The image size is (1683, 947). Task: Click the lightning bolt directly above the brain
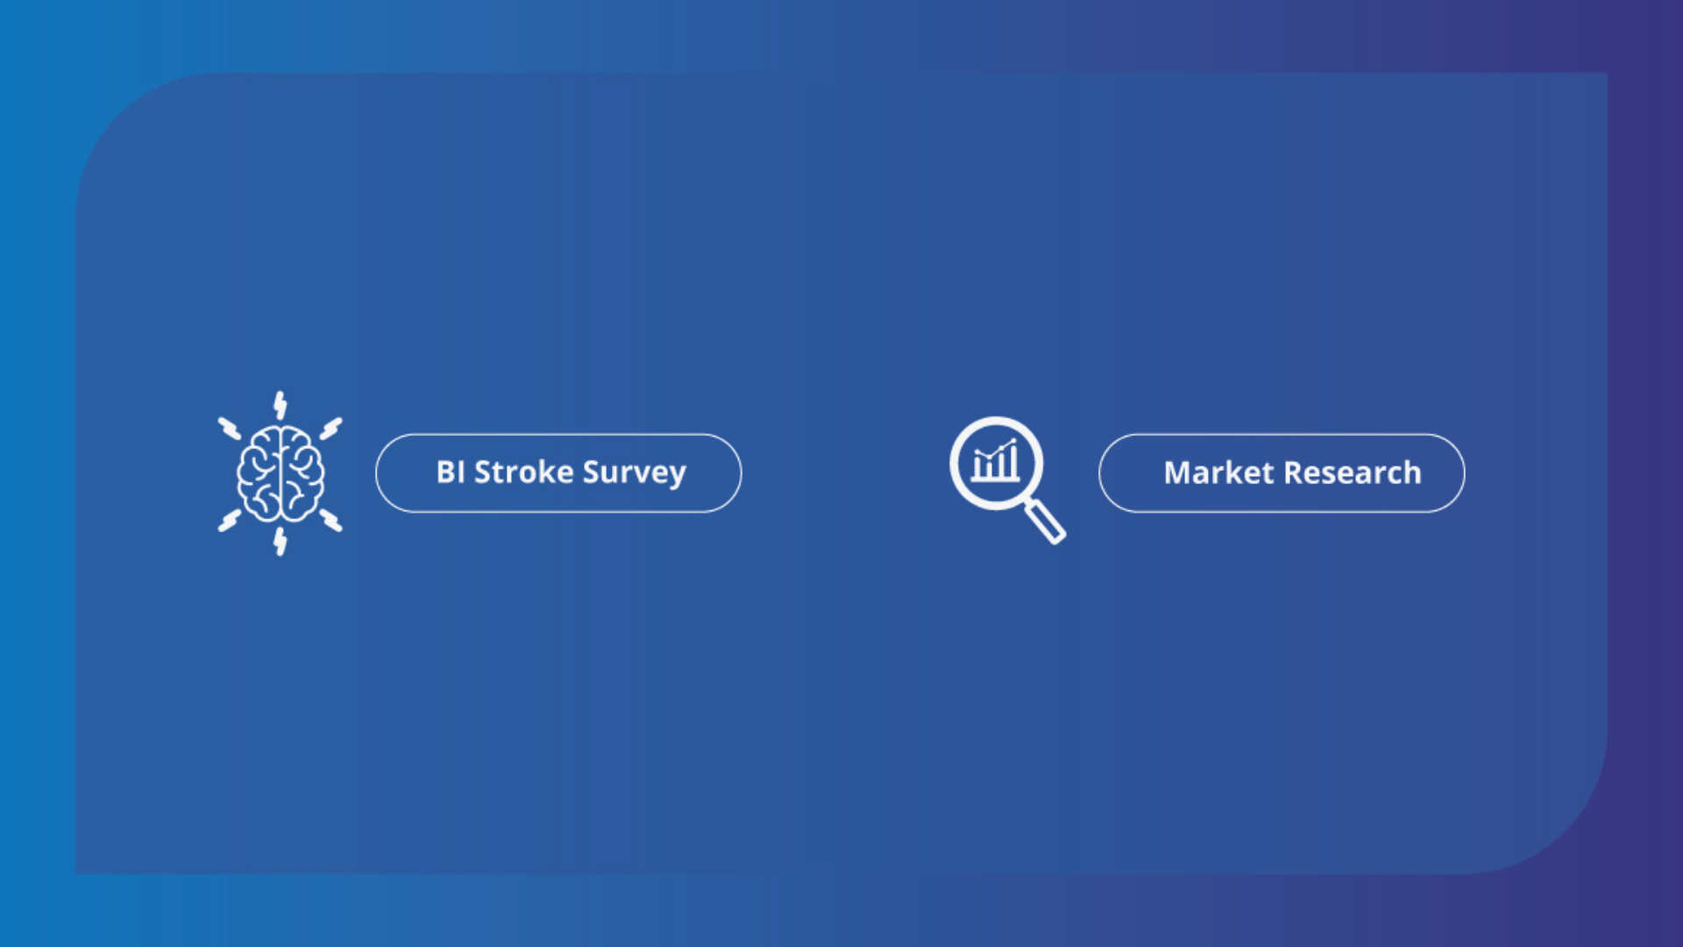click(x=280, y=405)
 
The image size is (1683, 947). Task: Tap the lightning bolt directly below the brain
click(x=280, y=541)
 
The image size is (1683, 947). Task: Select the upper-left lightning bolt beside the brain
click(x=230, y=428)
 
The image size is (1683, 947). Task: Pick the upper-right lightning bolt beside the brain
click(x=330, y=428)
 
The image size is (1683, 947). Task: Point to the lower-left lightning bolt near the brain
click(x=230, y=520)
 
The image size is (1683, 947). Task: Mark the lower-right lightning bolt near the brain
click(x=330, y=520)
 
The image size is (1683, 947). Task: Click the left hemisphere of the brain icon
click(x=259, y=473)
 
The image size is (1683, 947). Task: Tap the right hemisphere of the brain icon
click(x=302, y=473)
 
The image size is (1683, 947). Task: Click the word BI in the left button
click(x=451, y=472)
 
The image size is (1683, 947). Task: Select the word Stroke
click(x=524, y=472)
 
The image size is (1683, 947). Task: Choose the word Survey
click(x=635, y=473)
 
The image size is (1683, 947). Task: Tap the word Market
click(x=1218, y=473)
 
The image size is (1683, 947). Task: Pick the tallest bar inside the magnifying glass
click(x=1013, y=461)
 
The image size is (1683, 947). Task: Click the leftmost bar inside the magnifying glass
click(x=978, y=467)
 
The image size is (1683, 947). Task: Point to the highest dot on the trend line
click(x=1013, y=440)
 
